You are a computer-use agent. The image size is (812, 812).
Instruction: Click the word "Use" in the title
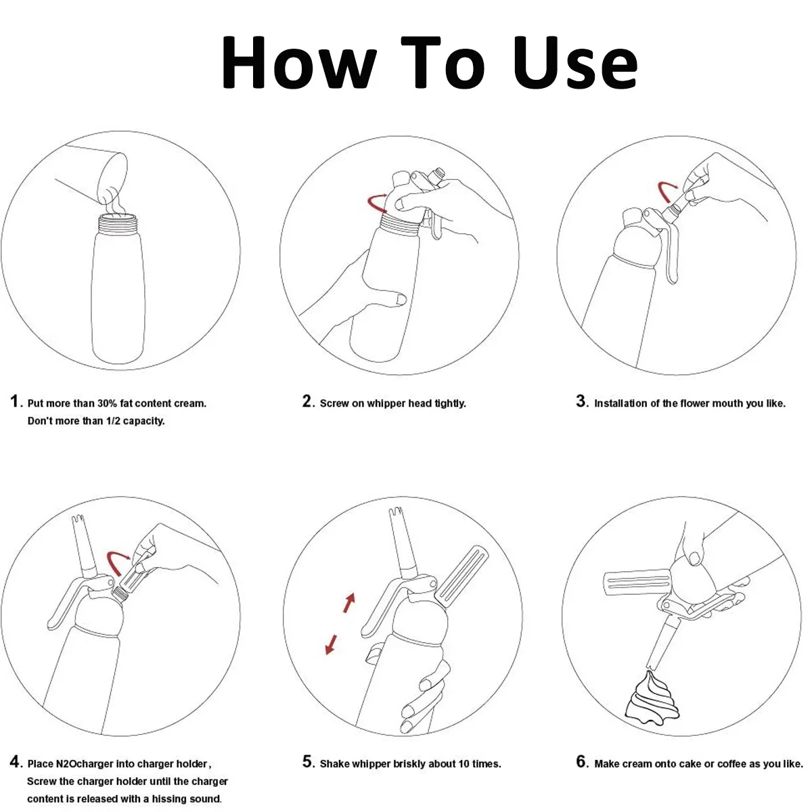click(574, 62)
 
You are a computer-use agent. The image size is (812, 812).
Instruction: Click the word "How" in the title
click(299, 62)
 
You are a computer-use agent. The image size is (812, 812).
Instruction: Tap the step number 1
click(14, 401)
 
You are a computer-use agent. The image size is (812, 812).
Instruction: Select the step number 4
click(15, 761)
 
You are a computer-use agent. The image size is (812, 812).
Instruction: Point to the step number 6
click(581, 761)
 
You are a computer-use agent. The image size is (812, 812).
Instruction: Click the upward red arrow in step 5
click(349, 603)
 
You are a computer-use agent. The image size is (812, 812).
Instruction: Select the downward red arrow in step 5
click(331, 644)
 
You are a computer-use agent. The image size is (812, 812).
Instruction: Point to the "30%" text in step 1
click(107, 403)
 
